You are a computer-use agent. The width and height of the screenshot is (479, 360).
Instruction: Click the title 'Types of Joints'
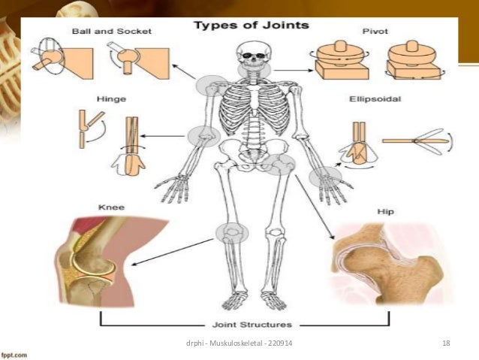coord(252,25)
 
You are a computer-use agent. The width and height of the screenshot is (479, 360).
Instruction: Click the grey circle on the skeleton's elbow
coord(203,138)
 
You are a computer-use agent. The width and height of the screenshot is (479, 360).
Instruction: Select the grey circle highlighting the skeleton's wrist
coord(327,177)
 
